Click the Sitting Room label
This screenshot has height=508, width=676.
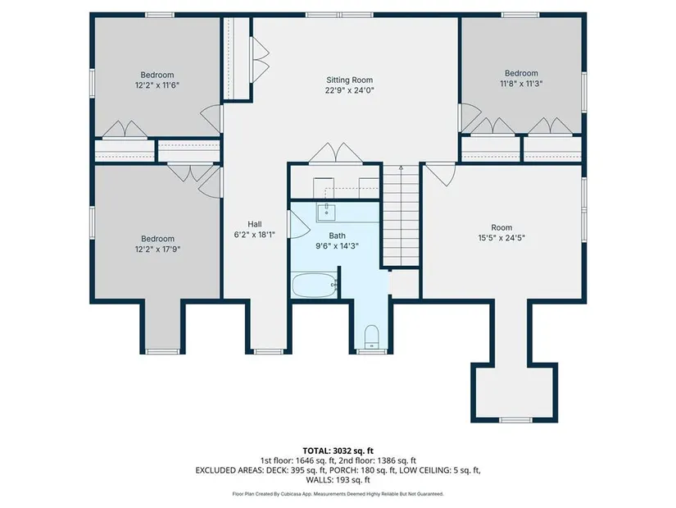(349, 80)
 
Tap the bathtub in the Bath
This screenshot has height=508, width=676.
(315, 285)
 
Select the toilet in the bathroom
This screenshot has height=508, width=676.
(371, 336)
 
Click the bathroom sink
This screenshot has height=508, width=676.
(327, 212)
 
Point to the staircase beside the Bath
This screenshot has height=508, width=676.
(401, 215)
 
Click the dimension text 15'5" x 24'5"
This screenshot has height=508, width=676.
(501, 237)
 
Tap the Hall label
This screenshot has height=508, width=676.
(254, 224)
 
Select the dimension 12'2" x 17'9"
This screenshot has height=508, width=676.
(157, 249)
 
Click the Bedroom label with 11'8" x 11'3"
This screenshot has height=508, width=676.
(521, 73)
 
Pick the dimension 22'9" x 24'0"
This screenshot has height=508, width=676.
(349, 90)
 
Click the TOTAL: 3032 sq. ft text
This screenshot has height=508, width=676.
(338, 451)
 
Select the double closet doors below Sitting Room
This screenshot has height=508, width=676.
(336, 153)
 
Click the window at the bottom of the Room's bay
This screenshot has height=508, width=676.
(515, 420)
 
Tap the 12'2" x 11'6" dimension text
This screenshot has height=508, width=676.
(157, 85)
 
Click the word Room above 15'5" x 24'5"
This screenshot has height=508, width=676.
(501, 227)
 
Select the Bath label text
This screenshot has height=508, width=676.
(337, 236)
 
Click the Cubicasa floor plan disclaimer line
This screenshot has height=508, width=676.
(338, 494)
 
